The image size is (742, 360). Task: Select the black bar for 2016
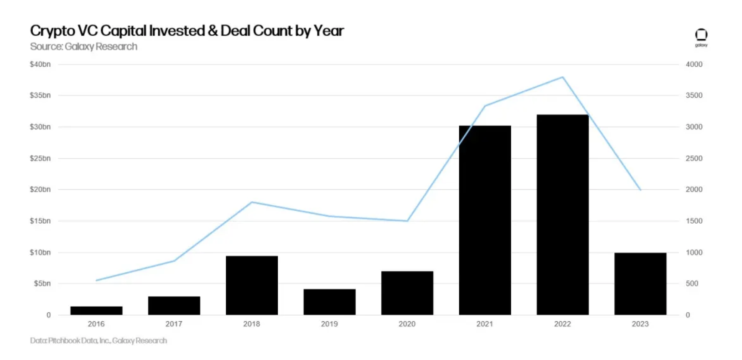96,311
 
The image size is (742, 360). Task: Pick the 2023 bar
640,284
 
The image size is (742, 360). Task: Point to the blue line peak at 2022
563,78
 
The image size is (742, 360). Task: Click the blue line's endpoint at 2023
640,190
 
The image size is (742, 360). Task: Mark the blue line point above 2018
252,202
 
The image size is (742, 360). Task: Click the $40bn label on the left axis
40,64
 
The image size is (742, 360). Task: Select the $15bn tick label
40,221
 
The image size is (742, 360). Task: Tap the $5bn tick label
42,283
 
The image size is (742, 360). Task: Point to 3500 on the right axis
694,95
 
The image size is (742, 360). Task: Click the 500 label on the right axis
692,283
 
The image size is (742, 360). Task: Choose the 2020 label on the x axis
407,324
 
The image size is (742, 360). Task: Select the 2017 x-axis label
174,324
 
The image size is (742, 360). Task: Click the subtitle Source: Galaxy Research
83,47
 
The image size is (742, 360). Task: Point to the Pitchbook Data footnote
99,340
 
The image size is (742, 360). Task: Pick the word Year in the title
328,31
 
